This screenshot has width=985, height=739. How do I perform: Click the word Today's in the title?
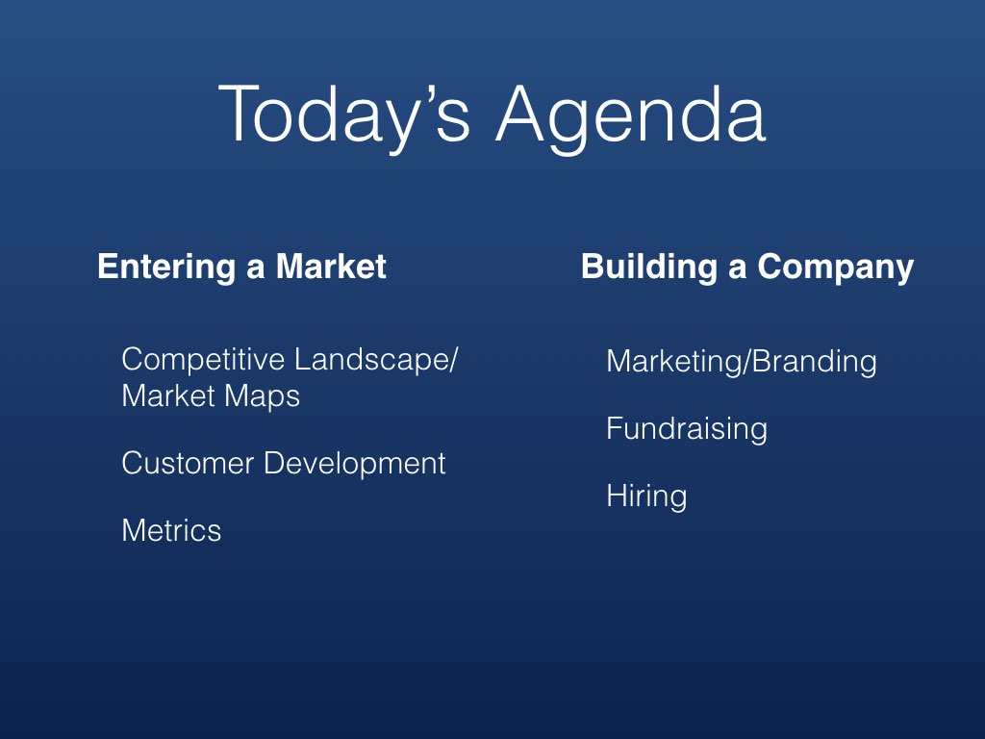coord(344,116)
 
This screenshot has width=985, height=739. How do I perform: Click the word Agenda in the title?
coord(631,116)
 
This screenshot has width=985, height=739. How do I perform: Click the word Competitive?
coord(204,361)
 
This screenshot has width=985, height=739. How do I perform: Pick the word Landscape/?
coord(376,361)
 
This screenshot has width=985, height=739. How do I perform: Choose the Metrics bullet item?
coord(171,531)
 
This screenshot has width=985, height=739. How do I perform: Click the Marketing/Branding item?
coord(742,363)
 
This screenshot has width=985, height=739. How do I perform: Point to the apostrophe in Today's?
coord(428,95)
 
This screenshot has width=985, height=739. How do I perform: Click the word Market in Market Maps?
coord(168,396)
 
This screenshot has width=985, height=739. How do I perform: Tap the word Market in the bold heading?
coord(331,267)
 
